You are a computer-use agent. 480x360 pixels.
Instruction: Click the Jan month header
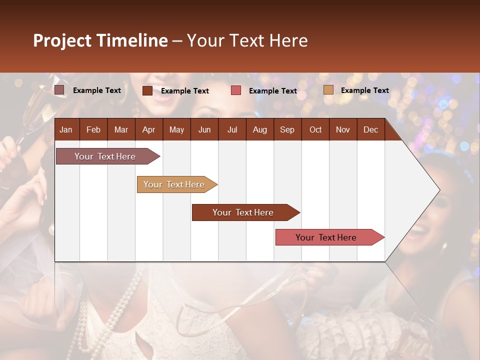tap(66, 129)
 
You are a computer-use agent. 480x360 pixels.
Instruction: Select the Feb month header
tap(93, 129)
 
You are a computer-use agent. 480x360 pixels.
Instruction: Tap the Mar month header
tap(121, 129)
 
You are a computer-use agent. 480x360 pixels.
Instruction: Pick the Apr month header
tap(149, 129)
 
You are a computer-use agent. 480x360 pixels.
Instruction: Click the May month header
tap(176, 129)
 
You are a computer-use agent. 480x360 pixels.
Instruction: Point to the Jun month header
tap(204, 129)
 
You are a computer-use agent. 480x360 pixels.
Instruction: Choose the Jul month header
tap(232, 129)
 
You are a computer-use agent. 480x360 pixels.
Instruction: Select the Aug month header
tap(260, 129)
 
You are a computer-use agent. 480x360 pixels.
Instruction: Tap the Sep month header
tap(287, 129)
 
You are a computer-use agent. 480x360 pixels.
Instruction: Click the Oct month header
tap(315, 129)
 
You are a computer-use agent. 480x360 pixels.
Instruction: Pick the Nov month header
tap(343, 129)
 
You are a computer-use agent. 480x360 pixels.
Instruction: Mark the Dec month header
tap(371, 129)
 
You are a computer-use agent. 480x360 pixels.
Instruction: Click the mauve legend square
tap(59, 90)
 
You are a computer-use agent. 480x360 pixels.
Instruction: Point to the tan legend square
tap(328, 90)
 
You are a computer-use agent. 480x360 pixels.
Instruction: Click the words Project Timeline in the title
tap(100, 40)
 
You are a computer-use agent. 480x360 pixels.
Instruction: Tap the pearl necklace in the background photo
tap(120, 310)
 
